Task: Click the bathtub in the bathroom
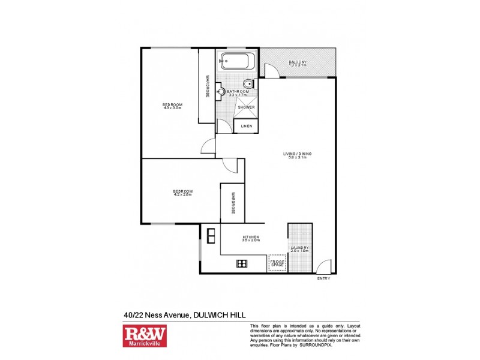pos(238,62)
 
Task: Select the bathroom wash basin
pos(221,92)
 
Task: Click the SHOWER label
pos(246,107)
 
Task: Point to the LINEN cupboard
pos(246,127)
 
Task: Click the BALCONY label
pos(298,63)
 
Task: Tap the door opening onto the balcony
pos(272,71)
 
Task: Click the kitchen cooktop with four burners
pos(242,263)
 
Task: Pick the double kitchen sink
pos(211,236)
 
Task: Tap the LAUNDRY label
pos(299,249)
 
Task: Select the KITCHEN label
pos(250,238)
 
